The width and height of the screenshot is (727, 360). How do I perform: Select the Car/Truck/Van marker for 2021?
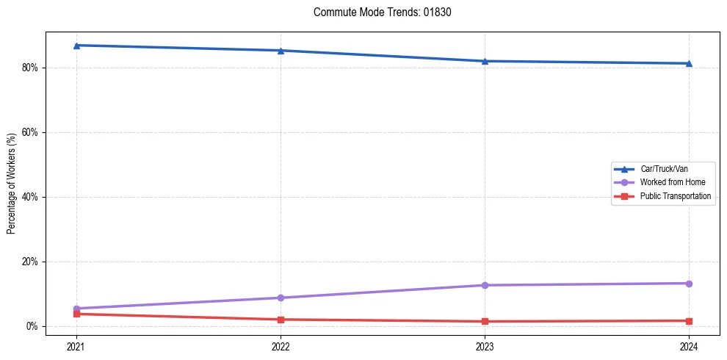coord(76,46)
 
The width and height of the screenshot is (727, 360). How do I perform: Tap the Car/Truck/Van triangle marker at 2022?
coord(281,51)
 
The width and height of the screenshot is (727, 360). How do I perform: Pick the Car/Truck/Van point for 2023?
coord(485,61)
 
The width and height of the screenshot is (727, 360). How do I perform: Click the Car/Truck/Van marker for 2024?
coord(689,63)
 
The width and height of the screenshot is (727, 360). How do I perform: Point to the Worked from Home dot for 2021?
coord(76,309)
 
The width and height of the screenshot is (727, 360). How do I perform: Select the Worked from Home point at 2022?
coord(281,298)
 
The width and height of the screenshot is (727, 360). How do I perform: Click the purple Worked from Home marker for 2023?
coord(485,285)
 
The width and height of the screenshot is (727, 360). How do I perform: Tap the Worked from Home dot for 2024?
coord(689,284)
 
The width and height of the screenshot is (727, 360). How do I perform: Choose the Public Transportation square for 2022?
coord(281,320)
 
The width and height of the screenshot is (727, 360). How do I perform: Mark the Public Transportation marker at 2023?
coord(485,321)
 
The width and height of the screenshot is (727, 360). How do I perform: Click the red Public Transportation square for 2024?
coord(689,320)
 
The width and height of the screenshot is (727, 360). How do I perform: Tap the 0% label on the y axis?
coord(32,326)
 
